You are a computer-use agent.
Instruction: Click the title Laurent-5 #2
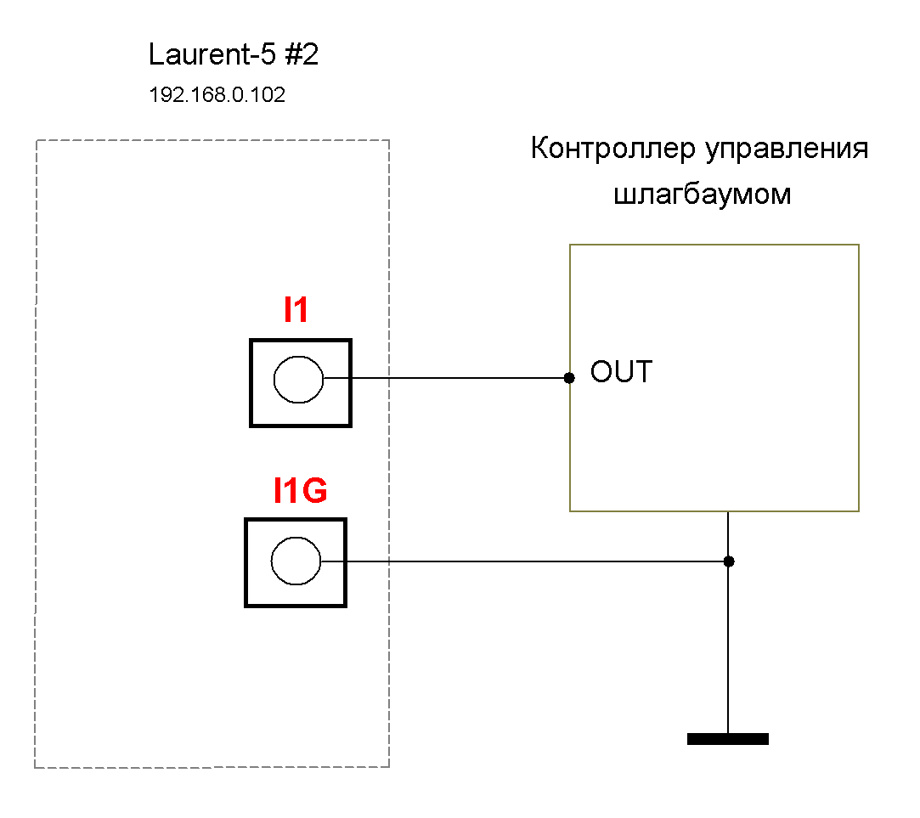[x=233, y=56]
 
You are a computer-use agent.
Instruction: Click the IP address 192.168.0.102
[x=217, y=95]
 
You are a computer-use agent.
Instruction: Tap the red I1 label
[x=296, y=312]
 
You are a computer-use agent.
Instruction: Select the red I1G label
[x=300, y=491]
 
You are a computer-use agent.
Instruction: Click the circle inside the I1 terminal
[x=298, y=379]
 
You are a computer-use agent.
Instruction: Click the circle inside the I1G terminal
[x=296, y=561]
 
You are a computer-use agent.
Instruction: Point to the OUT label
[x=622, y=372]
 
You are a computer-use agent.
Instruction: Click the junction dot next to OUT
[x=569, y=377]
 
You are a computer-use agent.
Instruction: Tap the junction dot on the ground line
[x=728, y=561]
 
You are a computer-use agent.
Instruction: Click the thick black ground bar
[x=727, y=739]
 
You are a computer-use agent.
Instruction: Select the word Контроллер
[x=613, y=149]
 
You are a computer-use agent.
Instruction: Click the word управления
[x=787, y=149]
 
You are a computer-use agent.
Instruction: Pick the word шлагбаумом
[x=702, y=195]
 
